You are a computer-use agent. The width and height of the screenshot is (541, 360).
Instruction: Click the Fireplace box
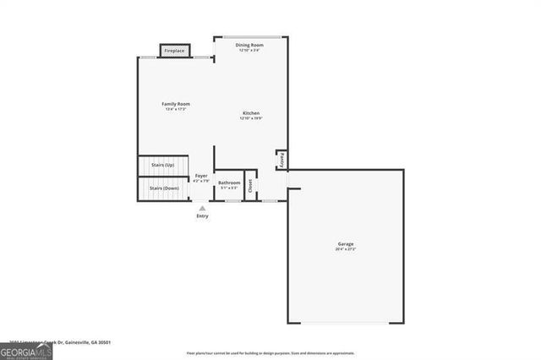tap(174, 51)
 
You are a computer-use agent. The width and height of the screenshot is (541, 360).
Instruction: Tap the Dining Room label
tap(250, 45)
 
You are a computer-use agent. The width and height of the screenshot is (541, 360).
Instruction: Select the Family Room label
tap(176, 104)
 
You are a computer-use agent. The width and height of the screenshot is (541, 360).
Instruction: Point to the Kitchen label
tap(251, 113)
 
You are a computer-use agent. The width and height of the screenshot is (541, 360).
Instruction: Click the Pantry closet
tap(281, 160)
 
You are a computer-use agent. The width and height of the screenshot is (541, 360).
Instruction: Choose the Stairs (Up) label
tap(162, 165)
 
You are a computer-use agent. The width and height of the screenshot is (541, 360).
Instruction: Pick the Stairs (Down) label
tap(164, 188)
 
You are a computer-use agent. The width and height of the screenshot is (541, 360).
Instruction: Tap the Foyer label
tap(201, 176)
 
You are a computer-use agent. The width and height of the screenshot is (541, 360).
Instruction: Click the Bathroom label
tap(229, 183)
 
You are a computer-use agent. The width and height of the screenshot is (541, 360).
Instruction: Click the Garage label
tap(347, 244)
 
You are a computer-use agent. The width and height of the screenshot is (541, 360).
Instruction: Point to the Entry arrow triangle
tap(202, 207)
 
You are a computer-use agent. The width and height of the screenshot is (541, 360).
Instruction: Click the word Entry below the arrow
tap(202, 216)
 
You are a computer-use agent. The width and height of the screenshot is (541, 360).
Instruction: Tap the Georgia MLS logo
tap(26, 352)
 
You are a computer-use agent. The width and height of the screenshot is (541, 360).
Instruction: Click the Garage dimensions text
tap(347, 250)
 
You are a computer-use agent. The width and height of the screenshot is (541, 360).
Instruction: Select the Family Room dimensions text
tap(176, 110)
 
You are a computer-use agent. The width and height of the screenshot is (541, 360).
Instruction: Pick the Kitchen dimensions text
tap(251, 119)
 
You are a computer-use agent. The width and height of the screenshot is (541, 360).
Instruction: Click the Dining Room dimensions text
tap(250, 51)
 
